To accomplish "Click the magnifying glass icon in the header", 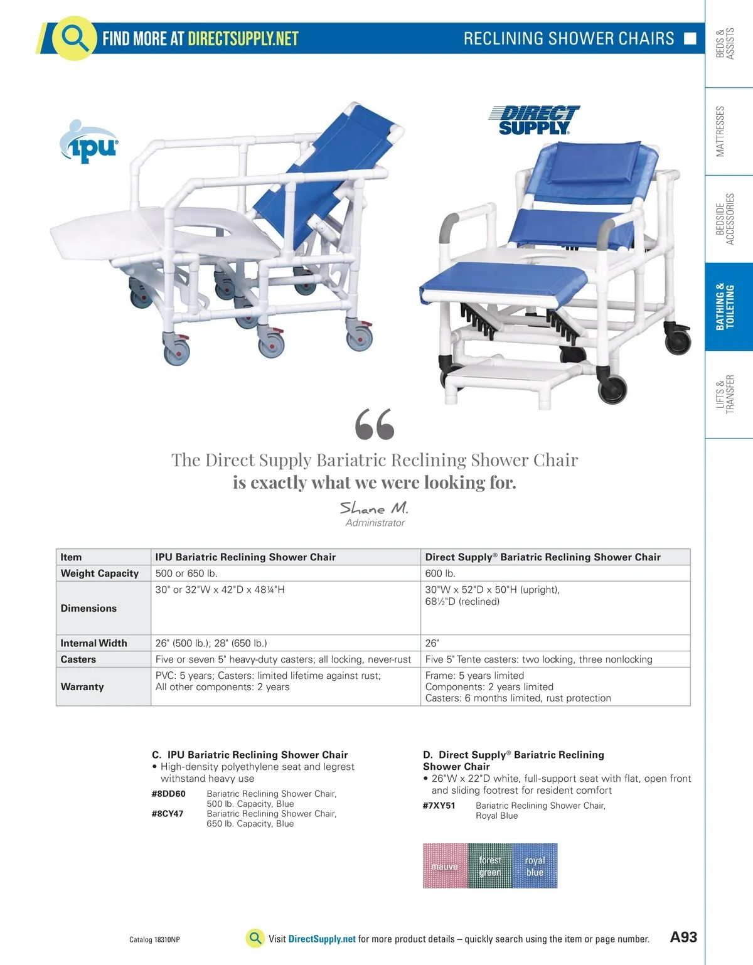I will click(74, 38).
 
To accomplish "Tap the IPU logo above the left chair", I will click(89, 143).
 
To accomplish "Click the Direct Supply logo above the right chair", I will click(534, 120).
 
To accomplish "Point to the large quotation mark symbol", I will click(375, 424).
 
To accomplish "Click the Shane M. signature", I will click(374, 508).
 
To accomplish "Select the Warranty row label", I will click(82, 687).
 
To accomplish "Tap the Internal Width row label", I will click(93, 643).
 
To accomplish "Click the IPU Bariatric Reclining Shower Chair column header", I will click(245, 557).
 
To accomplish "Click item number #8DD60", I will click(168, 794).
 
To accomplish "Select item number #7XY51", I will click(439, 806).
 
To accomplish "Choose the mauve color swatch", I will click(445, 866).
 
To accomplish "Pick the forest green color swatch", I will click(490, 866).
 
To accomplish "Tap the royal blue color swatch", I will click(535, 866).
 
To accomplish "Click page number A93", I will click(683, 937).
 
